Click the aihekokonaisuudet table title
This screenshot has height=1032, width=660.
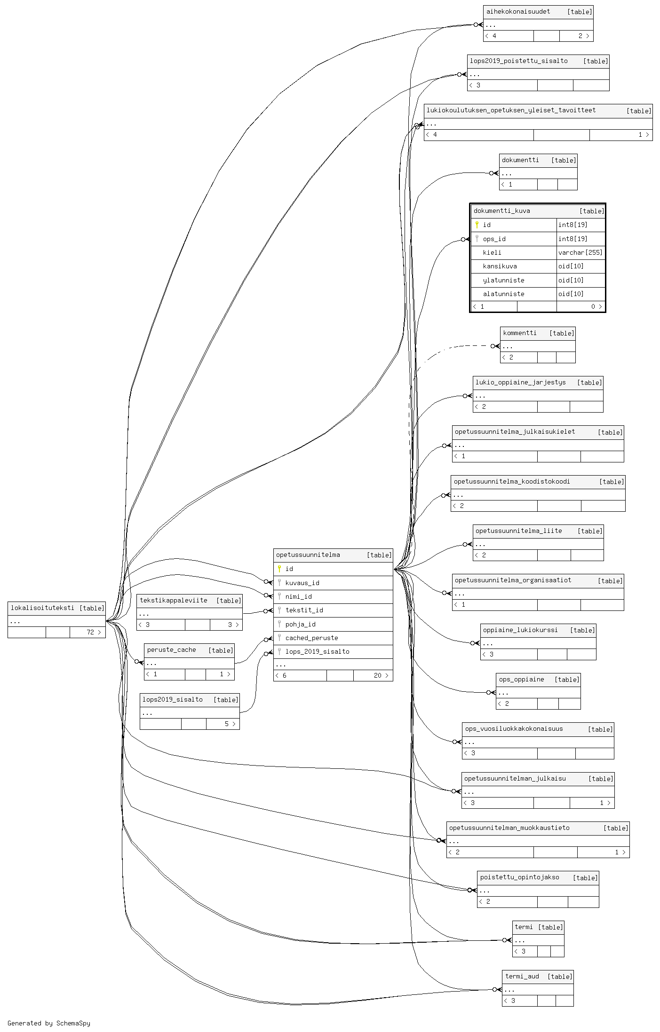click(x=518, y=12)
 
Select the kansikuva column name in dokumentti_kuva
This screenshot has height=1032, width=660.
click(x=500, y=266)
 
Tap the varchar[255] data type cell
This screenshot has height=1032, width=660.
click(x=580, y=252)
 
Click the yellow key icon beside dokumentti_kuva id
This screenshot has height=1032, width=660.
click(x=477, y=225)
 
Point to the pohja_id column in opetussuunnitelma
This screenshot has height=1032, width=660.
click(x=300, y=624)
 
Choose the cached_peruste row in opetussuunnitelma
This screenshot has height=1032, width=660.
click(x=333, y=638)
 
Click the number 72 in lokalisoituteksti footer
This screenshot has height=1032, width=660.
click(x=90, y=632)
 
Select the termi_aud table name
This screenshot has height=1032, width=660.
click(x=522, y=976)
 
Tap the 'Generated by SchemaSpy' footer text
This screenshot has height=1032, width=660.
click(x=49, y=1023)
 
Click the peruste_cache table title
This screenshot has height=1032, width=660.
click(x=171, y=650)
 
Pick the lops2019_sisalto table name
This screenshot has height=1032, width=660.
click(x=173, y=699)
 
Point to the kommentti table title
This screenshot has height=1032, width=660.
click(x=520, y=333)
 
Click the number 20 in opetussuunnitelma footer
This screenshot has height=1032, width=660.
click(x=378, y=675)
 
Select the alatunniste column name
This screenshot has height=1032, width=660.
click(x=503, y=294)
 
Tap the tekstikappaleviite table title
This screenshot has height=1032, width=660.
click(x=174, y=600)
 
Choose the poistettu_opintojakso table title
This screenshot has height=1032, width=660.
click(x=520, y=877)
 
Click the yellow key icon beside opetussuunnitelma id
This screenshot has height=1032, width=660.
click(x=279, y=569)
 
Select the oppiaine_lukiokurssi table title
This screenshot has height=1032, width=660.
click(x=520, y=630)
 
